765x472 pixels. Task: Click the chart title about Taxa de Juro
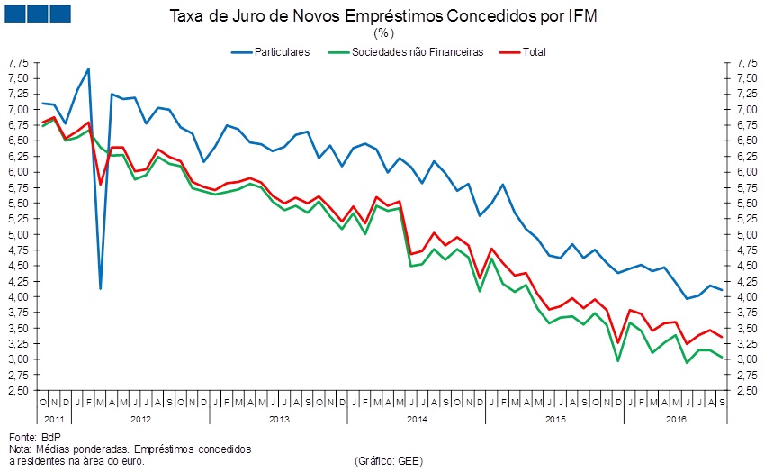382,16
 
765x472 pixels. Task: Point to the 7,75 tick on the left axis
18,63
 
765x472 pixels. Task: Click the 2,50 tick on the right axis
746,391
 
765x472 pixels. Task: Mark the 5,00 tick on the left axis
18,235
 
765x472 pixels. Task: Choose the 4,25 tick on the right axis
746,282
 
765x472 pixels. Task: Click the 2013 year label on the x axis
279,419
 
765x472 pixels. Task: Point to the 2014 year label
418,419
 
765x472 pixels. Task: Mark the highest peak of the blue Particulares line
88,68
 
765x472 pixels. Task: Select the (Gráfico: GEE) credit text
389,460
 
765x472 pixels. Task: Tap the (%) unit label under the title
383,33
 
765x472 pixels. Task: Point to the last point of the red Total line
722,337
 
